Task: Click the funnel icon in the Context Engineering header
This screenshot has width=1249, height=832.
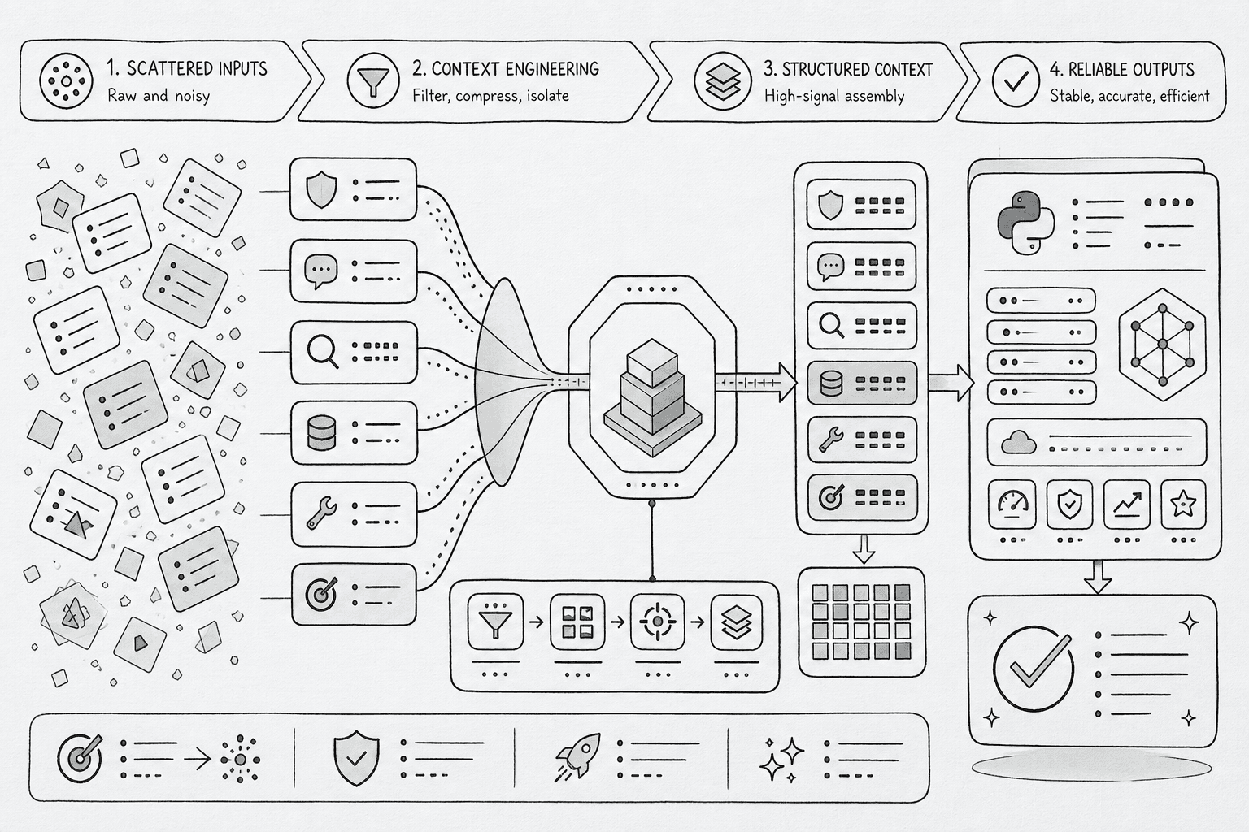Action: pyautogui.click(x=373, y=81)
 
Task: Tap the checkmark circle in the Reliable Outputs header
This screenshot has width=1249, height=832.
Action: pyautogui.click(x=1016, y=81)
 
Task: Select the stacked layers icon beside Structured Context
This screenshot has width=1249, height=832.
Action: pyautogui.click(x=723, y=81)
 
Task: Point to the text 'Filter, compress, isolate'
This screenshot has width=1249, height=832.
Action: pyautogui.click(x=490, y=96)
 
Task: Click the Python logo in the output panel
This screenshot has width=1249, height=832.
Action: pyautogui.click(x=1026, y=223)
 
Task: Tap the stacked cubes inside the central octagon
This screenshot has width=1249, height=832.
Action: pyautogui.click(x=652, y=396)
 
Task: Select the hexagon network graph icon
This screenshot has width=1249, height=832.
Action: pyautogui.click(x=1163, y=344)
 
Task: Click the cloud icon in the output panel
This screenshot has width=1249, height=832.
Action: pyautogui.click(x=1019, y=443)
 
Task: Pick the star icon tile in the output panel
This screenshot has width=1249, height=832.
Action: pyautogui.click(x=1183, y=505)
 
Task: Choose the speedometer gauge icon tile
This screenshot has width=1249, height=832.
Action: pyautogui.click(x=1012, y=505)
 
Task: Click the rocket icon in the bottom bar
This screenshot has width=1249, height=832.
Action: pyautogui.click(x=578, y=756)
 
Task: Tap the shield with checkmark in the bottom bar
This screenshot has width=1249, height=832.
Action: pyautogui.click(x=356, y=758)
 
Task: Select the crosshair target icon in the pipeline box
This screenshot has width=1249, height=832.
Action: pyautogui.click(x=657, y=622)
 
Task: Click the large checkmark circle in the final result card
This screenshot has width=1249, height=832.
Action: pyautogui.click(x=1034, y=669)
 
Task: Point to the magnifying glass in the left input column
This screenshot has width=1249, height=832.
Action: pyautogui.click(x=323, y=352)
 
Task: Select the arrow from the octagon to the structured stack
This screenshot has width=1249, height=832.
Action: pyautogui.click(x=756, y=383)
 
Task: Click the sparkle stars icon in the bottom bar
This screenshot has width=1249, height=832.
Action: pyautogui.click(x=781, y=759)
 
